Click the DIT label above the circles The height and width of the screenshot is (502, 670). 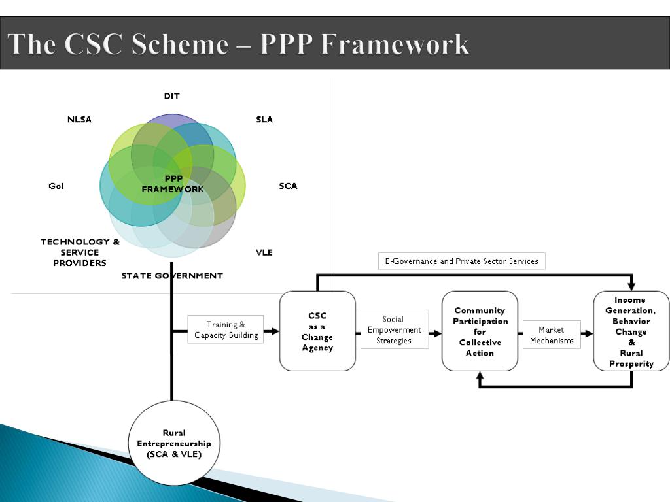pos(172,96)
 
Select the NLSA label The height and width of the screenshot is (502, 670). pos(79,119)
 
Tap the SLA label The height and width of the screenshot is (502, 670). pos(264,119)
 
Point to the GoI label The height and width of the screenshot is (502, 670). pos(56,186)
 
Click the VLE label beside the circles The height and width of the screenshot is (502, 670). pos(264,252)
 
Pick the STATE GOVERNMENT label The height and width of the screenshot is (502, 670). pos(172,276)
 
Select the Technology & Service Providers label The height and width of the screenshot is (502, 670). pos(80,252)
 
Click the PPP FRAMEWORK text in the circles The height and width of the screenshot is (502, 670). pos(173,184)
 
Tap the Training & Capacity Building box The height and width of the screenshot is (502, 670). pos(226,329)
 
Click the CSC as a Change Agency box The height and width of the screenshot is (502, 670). pos(317,331)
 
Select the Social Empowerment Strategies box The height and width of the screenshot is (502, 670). pos(395,329)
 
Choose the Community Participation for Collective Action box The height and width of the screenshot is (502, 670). pos(480,331)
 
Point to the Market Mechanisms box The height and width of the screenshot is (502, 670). pos(552,335)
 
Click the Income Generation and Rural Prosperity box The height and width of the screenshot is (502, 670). pos(631,331)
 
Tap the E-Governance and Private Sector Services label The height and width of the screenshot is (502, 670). pos(462,261)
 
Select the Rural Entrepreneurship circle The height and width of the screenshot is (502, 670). pos(174,443)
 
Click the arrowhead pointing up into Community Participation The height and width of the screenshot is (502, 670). pos(480,376)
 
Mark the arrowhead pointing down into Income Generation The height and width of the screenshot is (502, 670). pos(631,286)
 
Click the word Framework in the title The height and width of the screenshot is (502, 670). pos(395,44)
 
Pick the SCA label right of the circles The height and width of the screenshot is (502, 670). pos(288,186)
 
